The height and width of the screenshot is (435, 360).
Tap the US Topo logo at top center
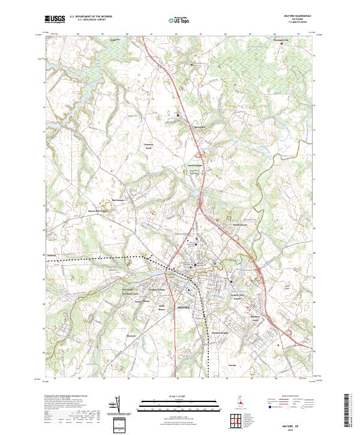click(x=179, y=20)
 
